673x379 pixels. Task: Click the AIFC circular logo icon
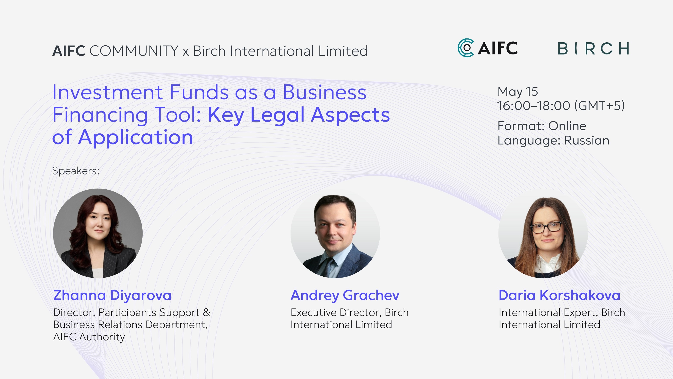465,48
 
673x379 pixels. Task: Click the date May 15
517,92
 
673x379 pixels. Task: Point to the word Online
567,126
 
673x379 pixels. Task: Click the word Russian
587,140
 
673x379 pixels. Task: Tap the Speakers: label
76,171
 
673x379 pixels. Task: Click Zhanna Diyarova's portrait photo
98,233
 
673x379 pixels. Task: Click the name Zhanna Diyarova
112,295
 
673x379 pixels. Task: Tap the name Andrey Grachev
345,295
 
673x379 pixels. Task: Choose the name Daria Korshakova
559,295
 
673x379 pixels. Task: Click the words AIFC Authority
89,337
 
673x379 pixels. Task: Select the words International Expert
548,312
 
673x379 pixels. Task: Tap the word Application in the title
136,137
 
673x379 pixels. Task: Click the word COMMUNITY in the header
134,51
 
